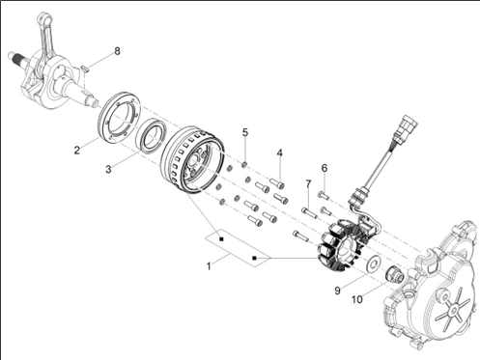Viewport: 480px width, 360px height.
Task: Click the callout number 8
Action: click(x=117, y=51)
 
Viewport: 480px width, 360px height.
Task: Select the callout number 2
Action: click(x=76, y=150)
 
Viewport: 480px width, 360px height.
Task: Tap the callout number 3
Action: click(x=108, y=169)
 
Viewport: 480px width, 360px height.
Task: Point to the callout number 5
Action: click(x=245, y=132)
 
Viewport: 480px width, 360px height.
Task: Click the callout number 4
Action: click(x=280, y=152)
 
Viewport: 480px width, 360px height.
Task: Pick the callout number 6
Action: click(x=325, y=168)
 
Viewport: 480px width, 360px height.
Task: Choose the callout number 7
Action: click(x=308, y=184)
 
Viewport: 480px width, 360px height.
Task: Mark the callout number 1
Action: click(x=209, y=266)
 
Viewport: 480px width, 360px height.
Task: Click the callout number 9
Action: click(x=337, y=291)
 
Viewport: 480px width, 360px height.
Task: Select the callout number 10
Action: click(x=357, y=299)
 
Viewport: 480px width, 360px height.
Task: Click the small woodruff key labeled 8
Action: click(x=85, y=69)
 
